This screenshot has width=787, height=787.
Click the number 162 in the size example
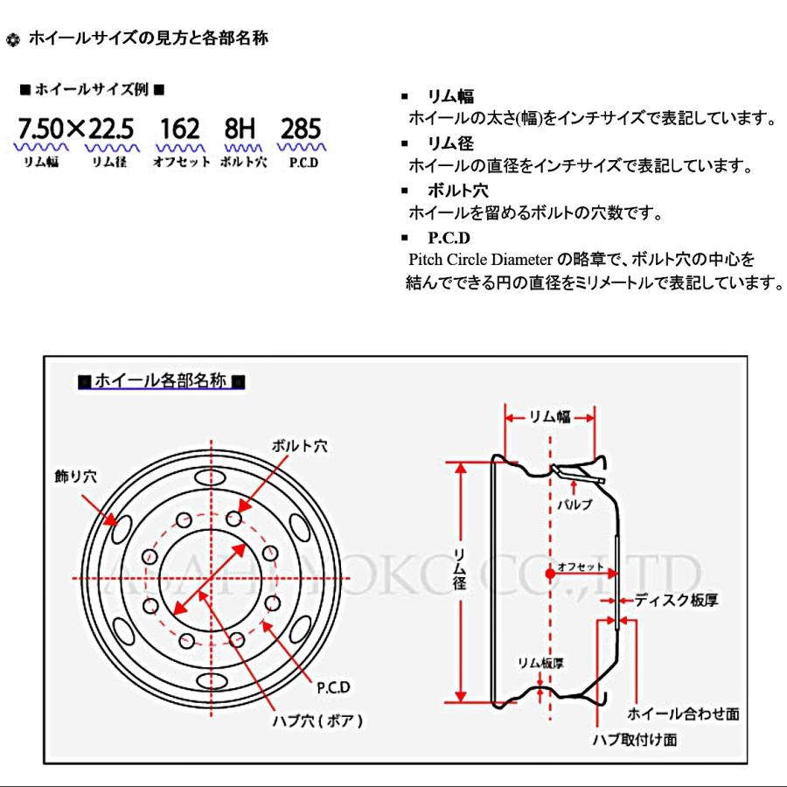click(181, 129)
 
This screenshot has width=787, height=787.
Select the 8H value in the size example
click(239, 129)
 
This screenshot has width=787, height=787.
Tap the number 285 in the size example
click(301, 129)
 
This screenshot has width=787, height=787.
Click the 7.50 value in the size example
click(40, 129)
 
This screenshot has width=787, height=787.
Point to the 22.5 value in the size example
click(112, 129)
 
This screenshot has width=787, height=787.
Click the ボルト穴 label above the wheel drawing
click(298, 446)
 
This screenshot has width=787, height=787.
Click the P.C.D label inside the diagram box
click(333, 687)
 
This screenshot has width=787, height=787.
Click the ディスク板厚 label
click(676, 601)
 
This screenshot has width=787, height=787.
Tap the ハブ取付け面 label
click(635, 739)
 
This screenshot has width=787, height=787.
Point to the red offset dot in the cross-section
click(549, 574)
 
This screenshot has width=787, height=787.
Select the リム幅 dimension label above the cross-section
click(549, 417)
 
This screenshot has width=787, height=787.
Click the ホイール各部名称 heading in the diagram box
click(160, 381)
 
